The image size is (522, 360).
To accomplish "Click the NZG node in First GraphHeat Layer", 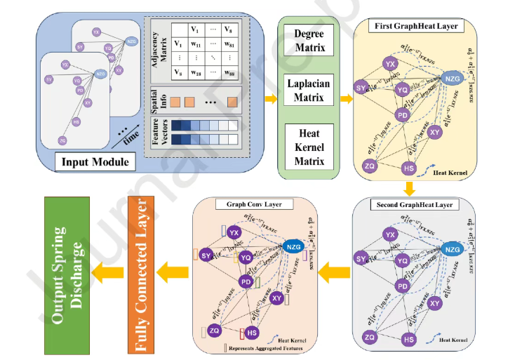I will click(x=453, y=80).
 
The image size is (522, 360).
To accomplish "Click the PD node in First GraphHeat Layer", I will click(x=402, y=114).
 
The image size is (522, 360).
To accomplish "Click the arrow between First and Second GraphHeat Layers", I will click(x=410, y=187).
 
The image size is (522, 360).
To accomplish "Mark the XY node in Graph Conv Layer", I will click(x=276, y=298).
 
